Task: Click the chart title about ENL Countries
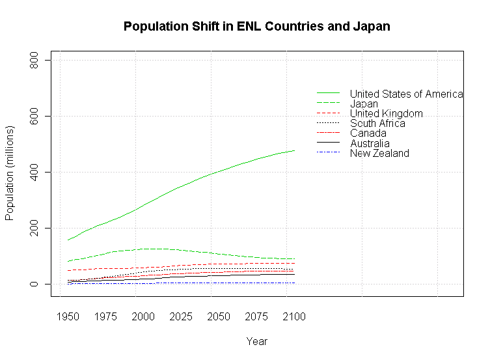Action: [x=256, y=27]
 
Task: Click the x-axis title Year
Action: [x=256, y=341]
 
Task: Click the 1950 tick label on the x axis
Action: [x=68, y=317]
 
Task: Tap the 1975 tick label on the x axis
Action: [x=105, y=317]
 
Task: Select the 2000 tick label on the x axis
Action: [x=143, y=317]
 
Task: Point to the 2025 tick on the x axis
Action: [x=181, y=317]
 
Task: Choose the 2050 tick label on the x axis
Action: [x=219, y=317]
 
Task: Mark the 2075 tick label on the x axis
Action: [x=256, y=317]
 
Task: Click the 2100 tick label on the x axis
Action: [x=294, y=317]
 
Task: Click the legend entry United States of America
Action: [x=406, y=94]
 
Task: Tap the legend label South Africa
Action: [x=377, y=123]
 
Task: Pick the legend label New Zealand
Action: [x=379, y=153]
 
